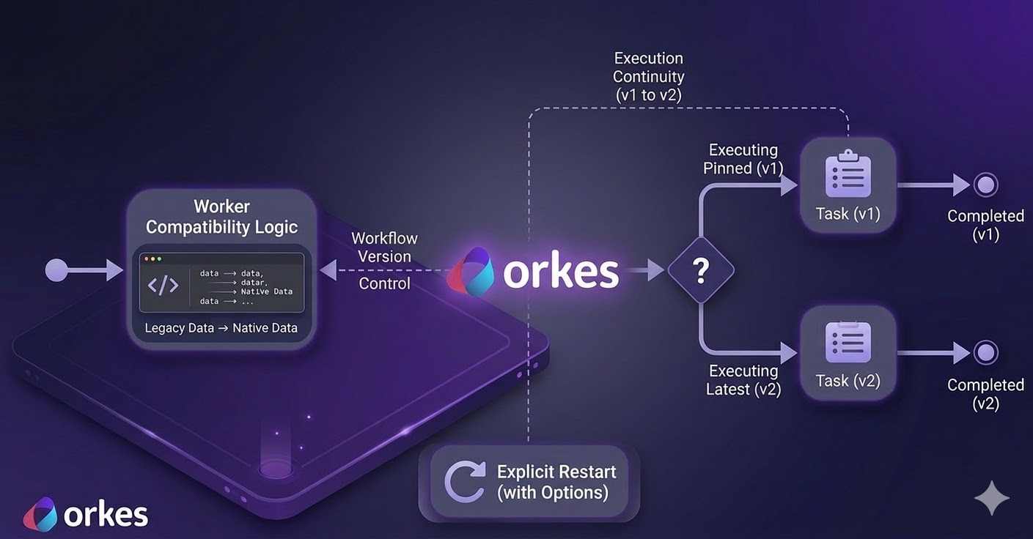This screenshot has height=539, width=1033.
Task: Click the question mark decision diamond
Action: coord(700,271)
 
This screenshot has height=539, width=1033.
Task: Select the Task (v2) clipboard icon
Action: coord(848,342)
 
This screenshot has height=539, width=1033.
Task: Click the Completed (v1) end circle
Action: coord(986,185)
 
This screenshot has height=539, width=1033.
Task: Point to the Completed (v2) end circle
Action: coord(986,353)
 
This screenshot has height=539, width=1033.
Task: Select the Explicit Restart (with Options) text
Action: coord(556,482)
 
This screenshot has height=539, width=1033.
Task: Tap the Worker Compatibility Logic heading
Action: coord(221,217)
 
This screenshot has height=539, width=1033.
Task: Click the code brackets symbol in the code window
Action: coord(163,284)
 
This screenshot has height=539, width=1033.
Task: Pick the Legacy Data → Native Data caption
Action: coord(221,327)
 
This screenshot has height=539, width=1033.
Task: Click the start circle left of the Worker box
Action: coord(56,270)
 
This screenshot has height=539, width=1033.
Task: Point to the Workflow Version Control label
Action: coord(384,260)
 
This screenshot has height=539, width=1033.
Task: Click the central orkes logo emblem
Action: coord(471,271)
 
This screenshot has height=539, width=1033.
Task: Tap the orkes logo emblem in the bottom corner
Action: coord(40,513)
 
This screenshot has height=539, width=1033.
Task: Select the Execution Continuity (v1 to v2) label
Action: coord(649,76)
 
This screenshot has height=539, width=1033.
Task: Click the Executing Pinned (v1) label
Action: coord(743,159)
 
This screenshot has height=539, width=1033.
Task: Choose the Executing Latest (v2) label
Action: coord(743,380)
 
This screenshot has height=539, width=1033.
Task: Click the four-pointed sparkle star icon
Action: coord(992,499)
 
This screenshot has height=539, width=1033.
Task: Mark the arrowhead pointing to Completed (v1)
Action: coord(961,185)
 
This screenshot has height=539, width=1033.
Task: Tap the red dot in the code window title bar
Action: coord(147,259)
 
